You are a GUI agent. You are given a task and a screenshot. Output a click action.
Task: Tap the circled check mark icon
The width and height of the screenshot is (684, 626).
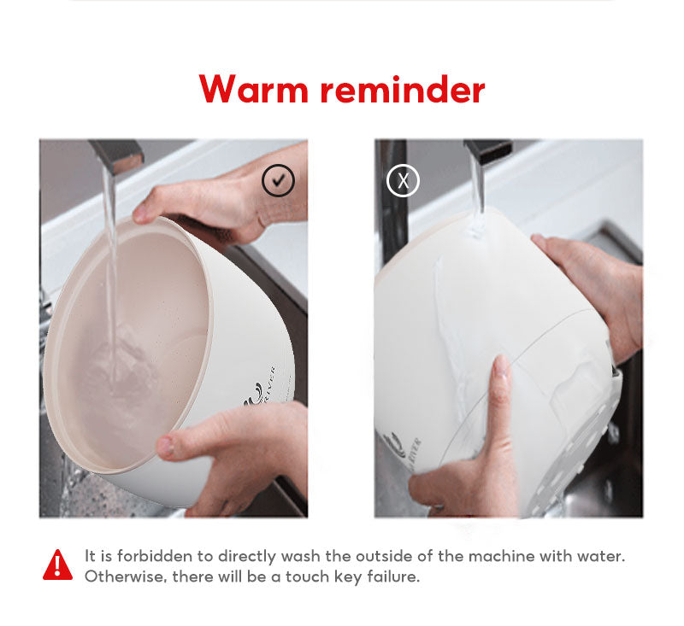tap(278, 181)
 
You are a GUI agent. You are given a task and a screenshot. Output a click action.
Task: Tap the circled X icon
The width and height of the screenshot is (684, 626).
tap(404, 180)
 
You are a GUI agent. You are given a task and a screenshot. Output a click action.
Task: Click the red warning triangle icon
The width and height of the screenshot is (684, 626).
tap(58, 565)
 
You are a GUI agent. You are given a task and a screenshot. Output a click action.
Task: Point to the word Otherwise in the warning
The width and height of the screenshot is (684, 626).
tap(123, 576)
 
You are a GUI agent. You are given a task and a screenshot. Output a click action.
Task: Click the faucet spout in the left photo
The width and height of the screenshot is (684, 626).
tap(115, 155)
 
